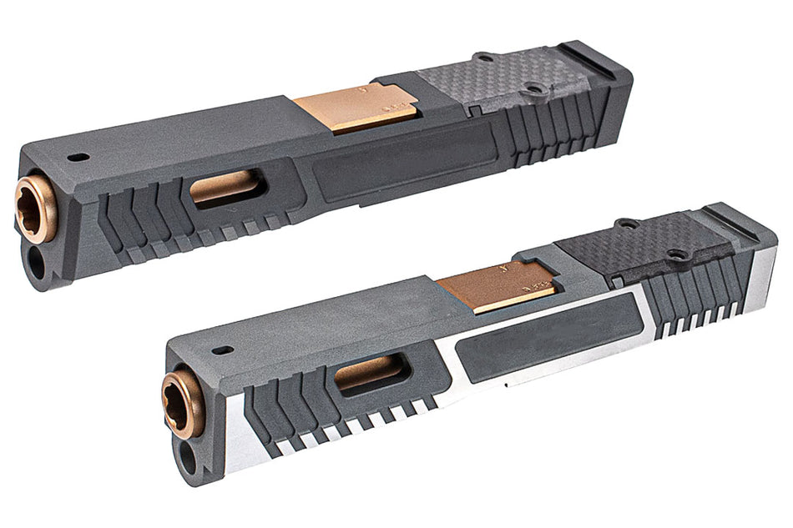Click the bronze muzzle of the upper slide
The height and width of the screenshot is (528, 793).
coord(36,209)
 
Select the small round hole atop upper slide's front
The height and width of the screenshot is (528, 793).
coord(78,156)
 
